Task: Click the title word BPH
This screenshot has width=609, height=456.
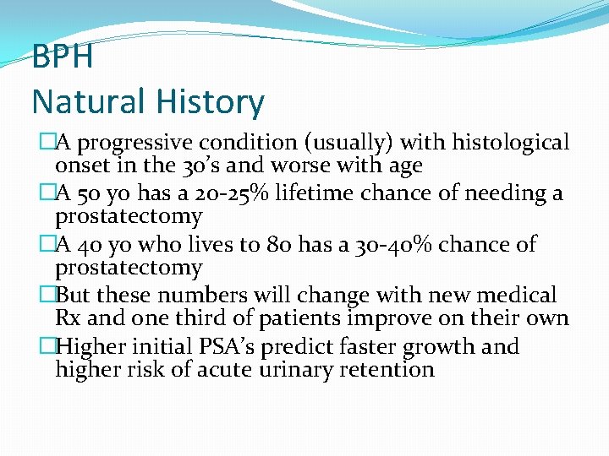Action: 62,57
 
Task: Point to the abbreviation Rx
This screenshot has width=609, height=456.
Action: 69,318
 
